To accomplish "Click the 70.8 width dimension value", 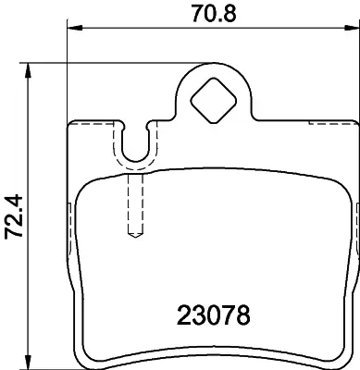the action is [x=214, y=14].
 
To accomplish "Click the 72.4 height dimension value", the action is [x=14, y=216].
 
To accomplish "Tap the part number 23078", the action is [x=214, y=314].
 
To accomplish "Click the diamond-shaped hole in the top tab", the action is [x=214, y=101].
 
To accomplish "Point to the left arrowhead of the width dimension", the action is [x=75, y=28].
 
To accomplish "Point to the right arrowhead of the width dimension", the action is [x=352, y=28].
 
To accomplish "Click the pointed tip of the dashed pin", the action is [x=135, y=238].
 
